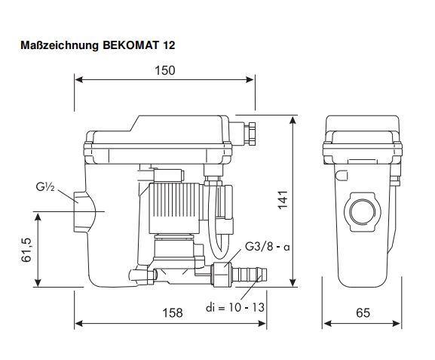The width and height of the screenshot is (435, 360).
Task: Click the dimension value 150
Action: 165,70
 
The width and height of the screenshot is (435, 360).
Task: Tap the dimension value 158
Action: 173,312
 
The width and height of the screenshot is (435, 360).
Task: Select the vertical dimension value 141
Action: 283,200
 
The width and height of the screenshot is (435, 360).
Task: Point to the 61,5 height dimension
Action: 26,250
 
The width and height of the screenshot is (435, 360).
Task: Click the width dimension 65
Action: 363,312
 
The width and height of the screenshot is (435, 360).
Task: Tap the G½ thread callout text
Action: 45,186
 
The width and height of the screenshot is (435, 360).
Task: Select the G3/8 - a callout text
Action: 267,246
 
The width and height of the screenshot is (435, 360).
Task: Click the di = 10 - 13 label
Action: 235,307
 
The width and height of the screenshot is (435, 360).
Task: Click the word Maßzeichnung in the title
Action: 60,45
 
